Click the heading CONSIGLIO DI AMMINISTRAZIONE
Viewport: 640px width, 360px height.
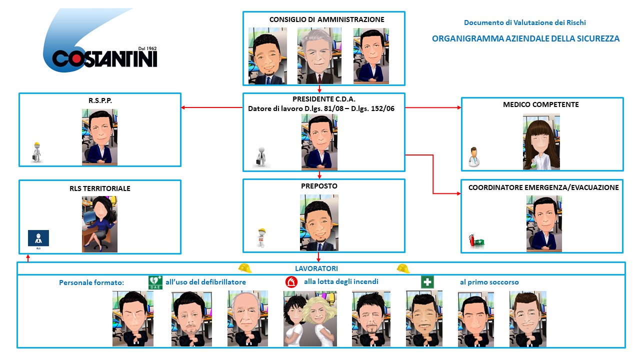pyautogui.click(x=326, y=20)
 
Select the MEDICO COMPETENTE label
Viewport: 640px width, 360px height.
pyautogui.click(x=541, y=105)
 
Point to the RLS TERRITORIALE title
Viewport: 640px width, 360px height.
pyautogui.click(x=100, y=188)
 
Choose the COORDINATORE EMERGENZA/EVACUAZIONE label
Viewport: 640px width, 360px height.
pyautogui.click(x=543, y=187)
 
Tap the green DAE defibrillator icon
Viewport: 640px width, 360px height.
pyautogui.click(x=155, y=282)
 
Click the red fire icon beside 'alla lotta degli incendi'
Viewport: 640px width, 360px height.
pyautogui.click(x=291, y=282)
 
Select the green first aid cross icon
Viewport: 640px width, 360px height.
pyautogui.click(x=427, y=282)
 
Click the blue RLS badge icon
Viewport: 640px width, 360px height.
pyautogui.click(x=38, y=238)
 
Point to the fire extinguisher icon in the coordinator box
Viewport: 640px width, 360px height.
pyautogui.click(x=471, y=240)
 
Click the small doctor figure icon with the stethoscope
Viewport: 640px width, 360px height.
pyautogui.click(x=473, y=156)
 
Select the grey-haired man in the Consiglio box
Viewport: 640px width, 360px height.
pyautogui.click(x=319, y=55)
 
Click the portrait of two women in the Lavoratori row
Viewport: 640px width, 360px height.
pyautogui.click(x=310, y=319)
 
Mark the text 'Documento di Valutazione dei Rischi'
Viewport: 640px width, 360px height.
pyautogui.click(x=524, y=22)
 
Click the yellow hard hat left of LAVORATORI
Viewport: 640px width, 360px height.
pyautogui.click(x=245, y=268)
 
